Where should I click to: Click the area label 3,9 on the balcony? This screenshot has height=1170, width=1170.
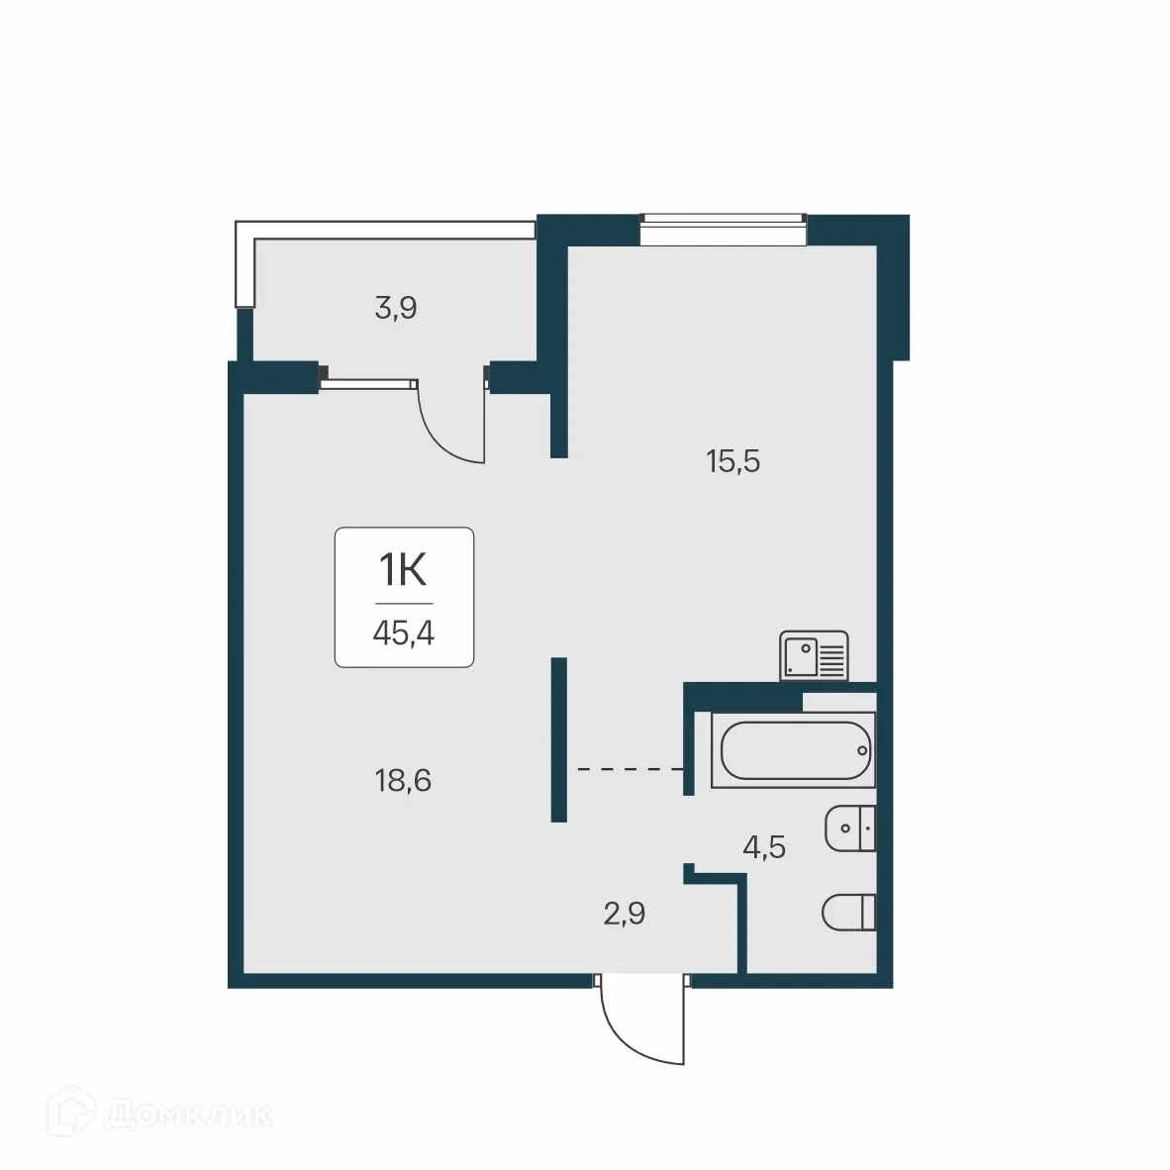396,309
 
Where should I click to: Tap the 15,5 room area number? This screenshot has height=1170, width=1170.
732,461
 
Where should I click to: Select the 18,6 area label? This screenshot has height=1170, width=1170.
403,781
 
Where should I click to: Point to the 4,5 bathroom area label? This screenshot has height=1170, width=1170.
764,847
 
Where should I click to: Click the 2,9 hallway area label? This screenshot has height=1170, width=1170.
625,914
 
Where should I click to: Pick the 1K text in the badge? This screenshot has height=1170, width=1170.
403,572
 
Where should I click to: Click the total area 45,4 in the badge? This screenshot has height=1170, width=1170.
404,632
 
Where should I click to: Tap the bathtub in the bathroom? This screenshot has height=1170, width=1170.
797,751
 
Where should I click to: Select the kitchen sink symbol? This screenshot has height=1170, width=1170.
814,655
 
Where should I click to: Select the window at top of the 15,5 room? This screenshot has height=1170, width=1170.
723,230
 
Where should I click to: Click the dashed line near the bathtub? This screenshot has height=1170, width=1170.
630,768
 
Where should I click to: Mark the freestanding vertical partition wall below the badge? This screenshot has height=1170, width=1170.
558,739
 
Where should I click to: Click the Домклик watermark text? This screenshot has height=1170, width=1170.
188,1116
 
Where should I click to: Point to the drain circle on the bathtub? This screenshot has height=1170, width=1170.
862,750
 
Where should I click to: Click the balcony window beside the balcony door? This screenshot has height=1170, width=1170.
369,378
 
